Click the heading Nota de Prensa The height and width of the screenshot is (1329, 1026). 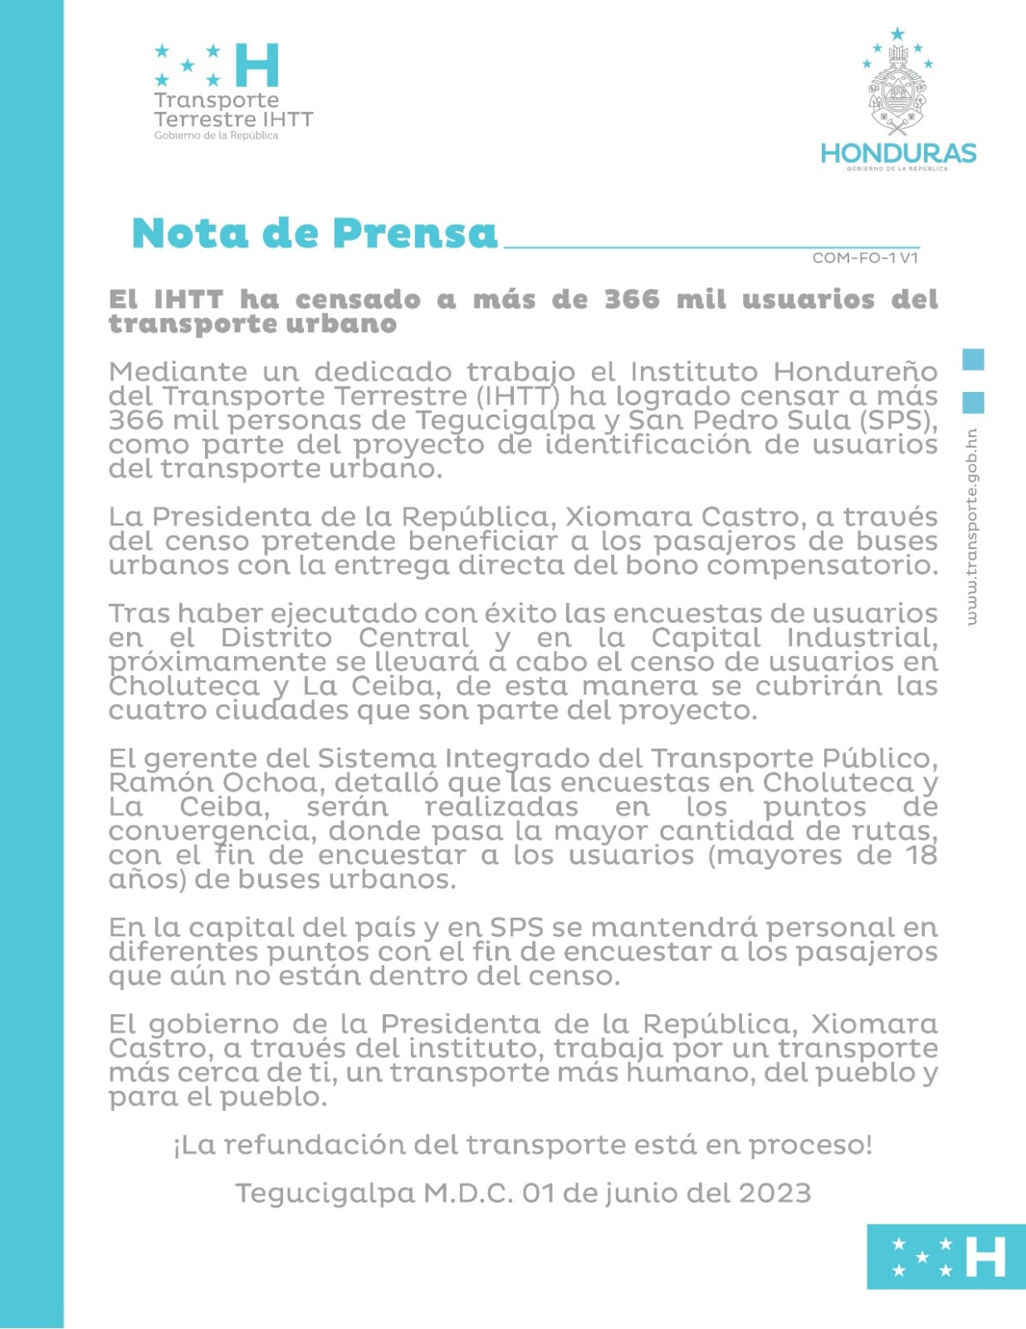tap(315, 233)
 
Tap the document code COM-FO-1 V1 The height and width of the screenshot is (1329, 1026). tap(865, 257)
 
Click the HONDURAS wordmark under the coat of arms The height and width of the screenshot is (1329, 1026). tap(898, 153)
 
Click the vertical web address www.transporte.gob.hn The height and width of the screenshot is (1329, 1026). tap(972, 527)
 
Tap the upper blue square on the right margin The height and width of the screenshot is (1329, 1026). tap(973, 360)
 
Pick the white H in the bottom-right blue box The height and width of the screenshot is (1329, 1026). tap(985, 1257)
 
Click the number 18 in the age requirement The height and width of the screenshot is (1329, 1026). tap(921, 855)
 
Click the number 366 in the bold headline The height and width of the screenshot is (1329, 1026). tap(631, 299)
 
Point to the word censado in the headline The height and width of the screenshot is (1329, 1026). tap(358, 299)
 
